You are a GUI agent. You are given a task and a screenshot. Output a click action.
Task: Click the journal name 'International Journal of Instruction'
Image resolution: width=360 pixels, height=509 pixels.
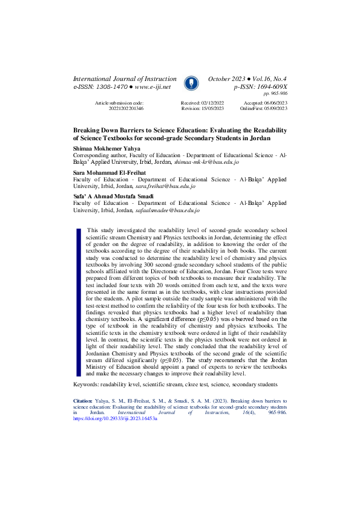[x=125, y=79]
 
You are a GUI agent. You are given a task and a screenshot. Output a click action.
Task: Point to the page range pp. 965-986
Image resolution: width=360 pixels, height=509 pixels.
[x=275, y=94]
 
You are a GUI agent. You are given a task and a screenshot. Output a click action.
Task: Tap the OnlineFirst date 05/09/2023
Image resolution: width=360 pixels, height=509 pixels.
[x=273, y=109]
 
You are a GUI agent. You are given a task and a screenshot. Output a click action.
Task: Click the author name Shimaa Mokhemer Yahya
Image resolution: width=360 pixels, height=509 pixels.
[x=106, y=148]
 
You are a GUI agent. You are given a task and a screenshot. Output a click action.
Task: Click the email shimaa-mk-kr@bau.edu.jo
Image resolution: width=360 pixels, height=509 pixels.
[x=206, y=163]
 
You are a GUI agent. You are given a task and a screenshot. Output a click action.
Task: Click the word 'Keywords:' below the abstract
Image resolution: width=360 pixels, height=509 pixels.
[x=86, y=384]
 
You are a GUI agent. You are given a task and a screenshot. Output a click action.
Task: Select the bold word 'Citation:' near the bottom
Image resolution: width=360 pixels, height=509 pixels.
[x=83, y=400]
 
